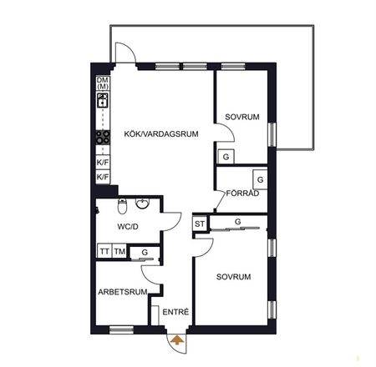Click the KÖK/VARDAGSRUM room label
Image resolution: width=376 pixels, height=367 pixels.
160,133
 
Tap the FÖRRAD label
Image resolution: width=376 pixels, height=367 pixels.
242,193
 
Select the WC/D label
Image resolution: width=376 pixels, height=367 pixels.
128,226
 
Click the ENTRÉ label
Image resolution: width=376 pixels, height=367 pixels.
175,312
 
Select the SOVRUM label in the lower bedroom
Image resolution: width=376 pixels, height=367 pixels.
235,275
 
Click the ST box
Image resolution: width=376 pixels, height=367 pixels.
200,223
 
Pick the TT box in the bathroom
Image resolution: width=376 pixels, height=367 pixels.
104,251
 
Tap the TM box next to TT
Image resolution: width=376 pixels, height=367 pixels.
119,251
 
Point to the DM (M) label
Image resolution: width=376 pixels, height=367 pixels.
103,83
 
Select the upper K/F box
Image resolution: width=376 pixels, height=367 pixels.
103,163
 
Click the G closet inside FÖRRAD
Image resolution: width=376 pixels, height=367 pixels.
260,179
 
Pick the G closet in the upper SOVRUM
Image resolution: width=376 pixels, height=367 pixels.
226,157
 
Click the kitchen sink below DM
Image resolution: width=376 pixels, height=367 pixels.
103,101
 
